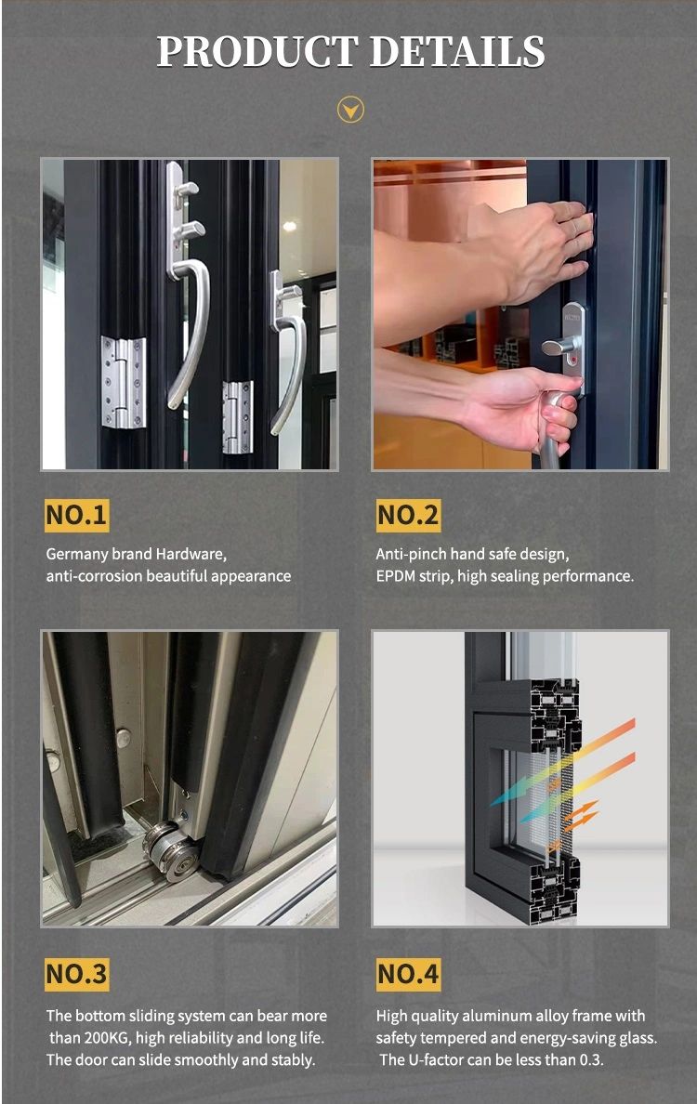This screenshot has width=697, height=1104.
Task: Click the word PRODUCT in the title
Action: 257,51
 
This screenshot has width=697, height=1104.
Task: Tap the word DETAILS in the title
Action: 457,51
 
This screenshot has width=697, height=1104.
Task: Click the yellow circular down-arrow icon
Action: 350,109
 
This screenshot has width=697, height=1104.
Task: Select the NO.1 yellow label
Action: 77,515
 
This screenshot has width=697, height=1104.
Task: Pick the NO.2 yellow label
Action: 408,515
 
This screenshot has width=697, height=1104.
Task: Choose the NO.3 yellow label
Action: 77,975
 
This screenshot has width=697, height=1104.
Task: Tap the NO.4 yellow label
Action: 408,975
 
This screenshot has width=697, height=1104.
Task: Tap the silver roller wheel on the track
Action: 173,850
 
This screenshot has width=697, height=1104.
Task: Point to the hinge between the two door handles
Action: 237,417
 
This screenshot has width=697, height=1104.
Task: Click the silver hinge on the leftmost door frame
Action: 124,382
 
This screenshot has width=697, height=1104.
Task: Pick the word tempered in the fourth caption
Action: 454,1039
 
